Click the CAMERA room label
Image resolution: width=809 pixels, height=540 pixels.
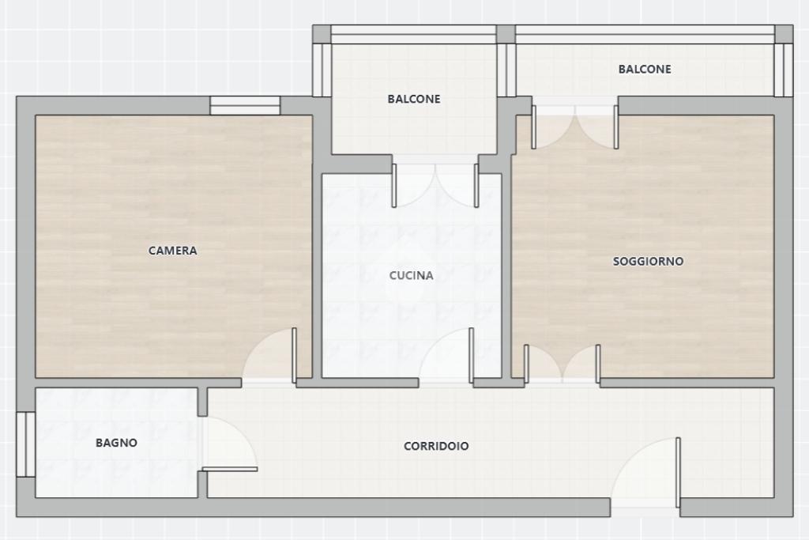coord(172,251)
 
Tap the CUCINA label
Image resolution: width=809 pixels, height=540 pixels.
coord(411,275)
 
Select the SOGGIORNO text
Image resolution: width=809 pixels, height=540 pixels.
coord(648,261)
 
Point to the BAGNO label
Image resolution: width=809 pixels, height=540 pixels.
coord(116,443)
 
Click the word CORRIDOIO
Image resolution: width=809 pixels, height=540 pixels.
coord(436,446)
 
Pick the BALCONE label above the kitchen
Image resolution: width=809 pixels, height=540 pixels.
coord(414,99)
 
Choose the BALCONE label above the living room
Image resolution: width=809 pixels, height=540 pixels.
coord(645,69)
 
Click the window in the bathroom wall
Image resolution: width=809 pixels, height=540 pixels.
coord(25,444)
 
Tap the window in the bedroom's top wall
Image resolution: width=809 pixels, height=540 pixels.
coord(245,105)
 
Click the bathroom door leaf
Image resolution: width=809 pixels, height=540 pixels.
coord(230,470)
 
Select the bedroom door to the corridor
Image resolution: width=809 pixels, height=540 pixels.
coord(294,355)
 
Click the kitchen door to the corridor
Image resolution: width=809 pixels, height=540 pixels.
coord(471,355)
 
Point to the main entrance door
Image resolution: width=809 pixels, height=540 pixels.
coord(678,472)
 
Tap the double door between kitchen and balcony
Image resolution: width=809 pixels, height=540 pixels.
coord(435,185)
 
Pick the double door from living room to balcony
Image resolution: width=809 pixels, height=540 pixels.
coord(575,127)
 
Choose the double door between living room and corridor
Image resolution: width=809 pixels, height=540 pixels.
coord(562,364)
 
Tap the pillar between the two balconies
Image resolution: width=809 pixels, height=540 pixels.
coord(506,61)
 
